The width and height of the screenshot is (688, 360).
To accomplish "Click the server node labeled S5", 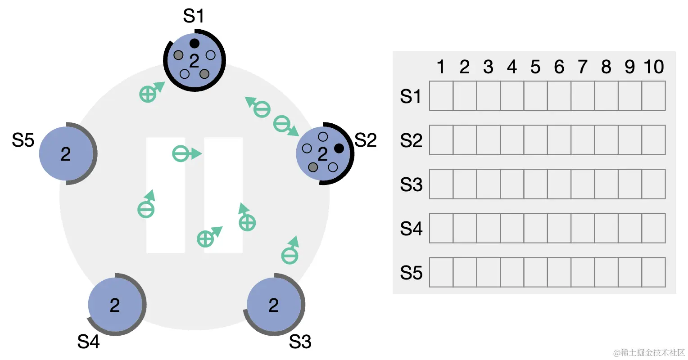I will click(66, 153).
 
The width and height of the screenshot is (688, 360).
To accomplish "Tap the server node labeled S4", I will click(115, 305).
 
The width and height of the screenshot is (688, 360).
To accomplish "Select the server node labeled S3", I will click(274, 305).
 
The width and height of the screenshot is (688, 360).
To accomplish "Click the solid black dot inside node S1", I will click(195, 43).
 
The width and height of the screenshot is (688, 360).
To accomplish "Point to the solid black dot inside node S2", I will click(339, 148).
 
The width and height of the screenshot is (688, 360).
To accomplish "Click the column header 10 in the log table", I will click(654, 67).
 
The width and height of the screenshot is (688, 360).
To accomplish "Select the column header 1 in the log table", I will click(441, 67).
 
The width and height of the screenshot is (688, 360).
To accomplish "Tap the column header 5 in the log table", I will click(535, 67).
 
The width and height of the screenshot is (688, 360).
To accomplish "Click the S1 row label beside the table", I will click(411, 96).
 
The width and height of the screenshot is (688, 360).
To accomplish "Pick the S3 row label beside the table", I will click(411, 184).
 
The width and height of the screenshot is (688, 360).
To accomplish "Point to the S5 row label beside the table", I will click(411, 273).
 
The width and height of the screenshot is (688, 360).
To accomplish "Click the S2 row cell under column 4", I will click(512, 140).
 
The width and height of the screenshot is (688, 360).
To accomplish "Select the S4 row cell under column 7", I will click(583, 228).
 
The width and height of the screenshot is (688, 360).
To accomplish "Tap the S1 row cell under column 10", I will click(653, 96).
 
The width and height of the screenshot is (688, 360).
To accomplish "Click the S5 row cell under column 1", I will click(441, 272).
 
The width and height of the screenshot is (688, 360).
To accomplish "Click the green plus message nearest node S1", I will click(148, 94).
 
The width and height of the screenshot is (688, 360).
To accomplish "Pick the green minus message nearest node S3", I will click(290, 256).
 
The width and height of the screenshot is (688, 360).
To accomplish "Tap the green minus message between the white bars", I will click(180, 154).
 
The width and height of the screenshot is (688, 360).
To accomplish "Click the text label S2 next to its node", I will click(365, 140).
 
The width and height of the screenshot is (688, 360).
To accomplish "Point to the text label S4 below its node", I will click(88, 342).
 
